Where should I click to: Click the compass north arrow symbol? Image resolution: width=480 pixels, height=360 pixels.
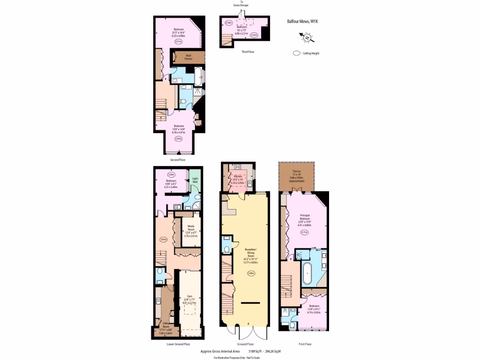point(307,37)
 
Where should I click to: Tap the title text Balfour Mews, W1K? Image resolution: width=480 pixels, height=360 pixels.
point(302,21)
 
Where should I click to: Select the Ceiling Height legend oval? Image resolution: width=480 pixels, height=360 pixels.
point(297,53)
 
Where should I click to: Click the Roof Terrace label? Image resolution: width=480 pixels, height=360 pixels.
point(188,57)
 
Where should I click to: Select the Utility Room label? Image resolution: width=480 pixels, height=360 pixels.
point(165,327)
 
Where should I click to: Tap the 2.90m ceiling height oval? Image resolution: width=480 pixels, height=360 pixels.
point(251,273)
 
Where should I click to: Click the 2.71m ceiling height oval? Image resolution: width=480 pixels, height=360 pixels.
point(304,243)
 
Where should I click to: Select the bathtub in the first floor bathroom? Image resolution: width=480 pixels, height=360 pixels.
point(308,274)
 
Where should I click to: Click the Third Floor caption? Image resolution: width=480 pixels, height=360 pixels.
point(247,52)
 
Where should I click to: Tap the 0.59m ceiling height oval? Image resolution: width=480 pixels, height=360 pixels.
point(229,22)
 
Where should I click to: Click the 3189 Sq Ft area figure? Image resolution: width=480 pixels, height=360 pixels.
point(255,351)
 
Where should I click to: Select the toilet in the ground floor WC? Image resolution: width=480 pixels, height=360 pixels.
point(227,249)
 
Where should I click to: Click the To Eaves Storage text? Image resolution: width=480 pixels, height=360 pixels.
point(242,4)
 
